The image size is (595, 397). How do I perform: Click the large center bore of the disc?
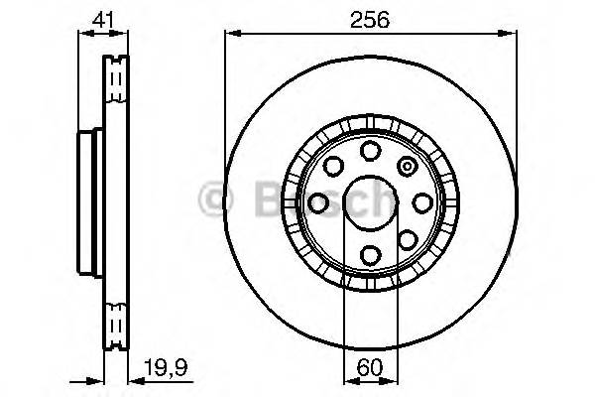370,202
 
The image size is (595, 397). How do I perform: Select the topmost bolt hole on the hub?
370,151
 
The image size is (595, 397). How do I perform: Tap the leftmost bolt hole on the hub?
318,202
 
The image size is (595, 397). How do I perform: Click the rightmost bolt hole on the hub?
422,202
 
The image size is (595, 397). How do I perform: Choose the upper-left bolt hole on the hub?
333,166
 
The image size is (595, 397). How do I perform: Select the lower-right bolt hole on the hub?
407,239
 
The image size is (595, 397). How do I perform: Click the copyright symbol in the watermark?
213,201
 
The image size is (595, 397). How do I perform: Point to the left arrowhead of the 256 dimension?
230,35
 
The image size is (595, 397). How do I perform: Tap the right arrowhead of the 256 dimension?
511,35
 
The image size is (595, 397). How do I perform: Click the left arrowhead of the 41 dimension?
81,35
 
